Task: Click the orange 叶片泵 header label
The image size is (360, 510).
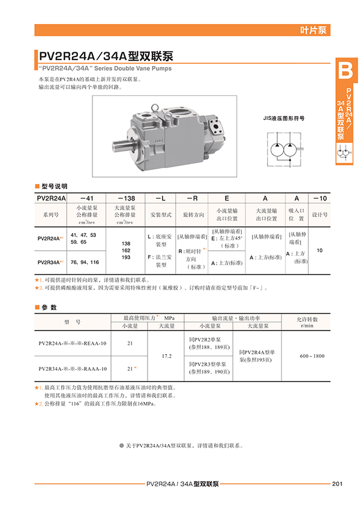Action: pos(314,31)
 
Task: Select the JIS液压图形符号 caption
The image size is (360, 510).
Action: pos(284,118)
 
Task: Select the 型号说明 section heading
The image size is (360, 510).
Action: pos(55,186)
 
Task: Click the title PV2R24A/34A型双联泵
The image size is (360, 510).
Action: pos(106,57)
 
